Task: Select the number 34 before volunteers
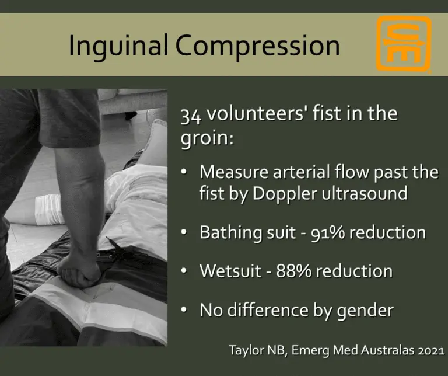click(x=188, y=113)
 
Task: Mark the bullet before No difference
click(x=184, y=311)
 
